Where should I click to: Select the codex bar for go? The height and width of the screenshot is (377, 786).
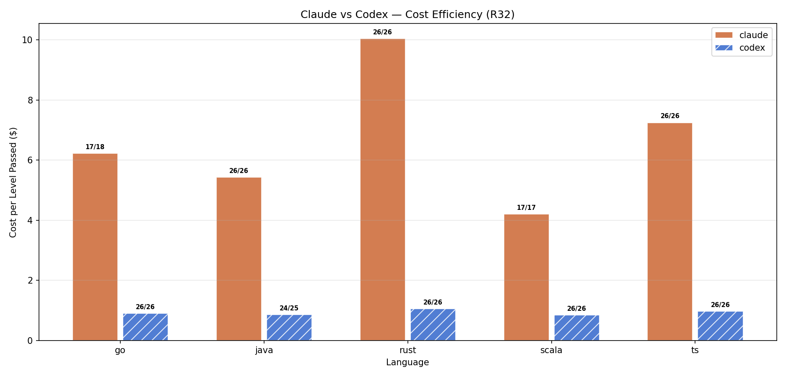click(145, 327)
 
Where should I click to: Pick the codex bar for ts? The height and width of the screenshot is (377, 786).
click(720, 326)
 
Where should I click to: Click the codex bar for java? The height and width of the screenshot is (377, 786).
click(289, 328)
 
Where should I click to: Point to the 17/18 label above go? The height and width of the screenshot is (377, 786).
click(95, 147)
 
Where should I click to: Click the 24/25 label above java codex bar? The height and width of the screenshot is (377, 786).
click(289, 308)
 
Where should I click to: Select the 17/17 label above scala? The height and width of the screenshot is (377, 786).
click(526, 208)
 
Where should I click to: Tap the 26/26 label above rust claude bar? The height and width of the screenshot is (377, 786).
click(382, 32)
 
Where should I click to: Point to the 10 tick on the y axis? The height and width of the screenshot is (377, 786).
click(27, 40)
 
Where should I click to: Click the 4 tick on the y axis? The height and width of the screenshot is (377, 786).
click(30, 220)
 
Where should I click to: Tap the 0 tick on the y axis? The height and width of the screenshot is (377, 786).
click(30, 341)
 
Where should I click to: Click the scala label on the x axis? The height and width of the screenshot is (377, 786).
click(551, 350)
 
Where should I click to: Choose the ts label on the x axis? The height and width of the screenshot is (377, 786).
click(695, 350)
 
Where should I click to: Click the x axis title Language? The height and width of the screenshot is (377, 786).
click(407, 362)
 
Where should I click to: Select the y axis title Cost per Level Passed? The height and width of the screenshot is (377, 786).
click(13, 182)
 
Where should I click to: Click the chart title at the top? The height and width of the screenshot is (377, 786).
click(407, 15)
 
